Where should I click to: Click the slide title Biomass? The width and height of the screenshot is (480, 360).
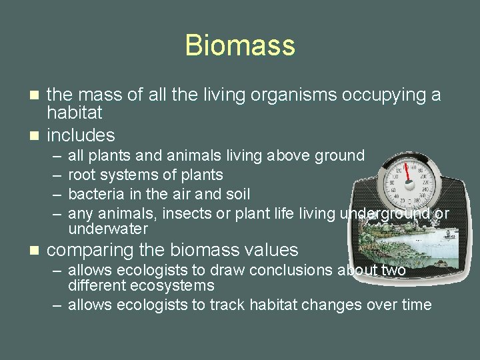239,45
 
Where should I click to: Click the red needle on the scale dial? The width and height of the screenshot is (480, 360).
408,172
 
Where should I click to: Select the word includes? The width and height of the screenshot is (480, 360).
81,135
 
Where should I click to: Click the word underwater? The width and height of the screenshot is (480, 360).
108,229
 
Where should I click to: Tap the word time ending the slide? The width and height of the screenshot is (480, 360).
415,305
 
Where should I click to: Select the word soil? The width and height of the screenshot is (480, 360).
237,194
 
